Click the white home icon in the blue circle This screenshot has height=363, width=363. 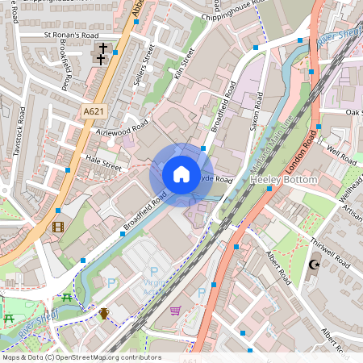click(181, 174)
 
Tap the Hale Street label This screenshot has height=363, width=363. click(102, 161)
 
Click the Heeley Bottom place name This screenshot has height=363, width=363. click(284, 178)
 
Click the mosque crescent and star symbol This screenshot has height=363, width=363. click(314, 265)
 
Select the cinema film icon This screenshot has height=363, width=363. click(57, 227)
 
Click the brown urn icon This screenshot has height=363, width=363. click(103, 313)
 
